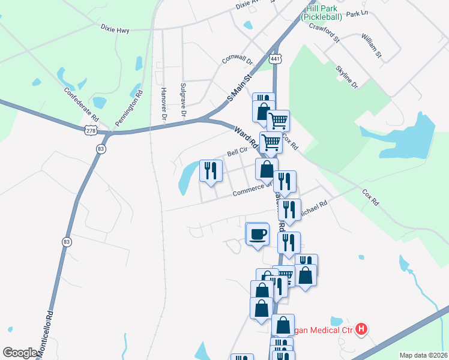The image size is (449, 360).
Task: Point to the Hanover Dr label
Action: click(x=163, y=103)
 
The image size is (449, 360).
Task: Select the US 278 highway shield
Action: click(x=91, y=130)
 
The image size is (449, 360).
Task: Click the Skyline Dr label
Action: click(x=347, y=76)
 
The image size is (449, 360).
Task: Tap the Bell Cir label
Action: click(x=237, y=152)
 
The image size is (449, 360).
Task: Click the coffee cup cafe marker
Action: click(x=258, y=233)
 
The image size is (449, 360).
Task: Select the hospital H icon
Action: click(x=361, y=329)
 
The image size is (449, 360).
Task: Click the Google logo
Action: click(x=20, y=353)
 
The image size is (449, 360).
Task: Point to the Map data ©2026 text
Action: click(x=423, y=355)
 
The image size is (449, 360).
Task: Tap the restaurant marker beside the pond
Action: click(x=210, y=171)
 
